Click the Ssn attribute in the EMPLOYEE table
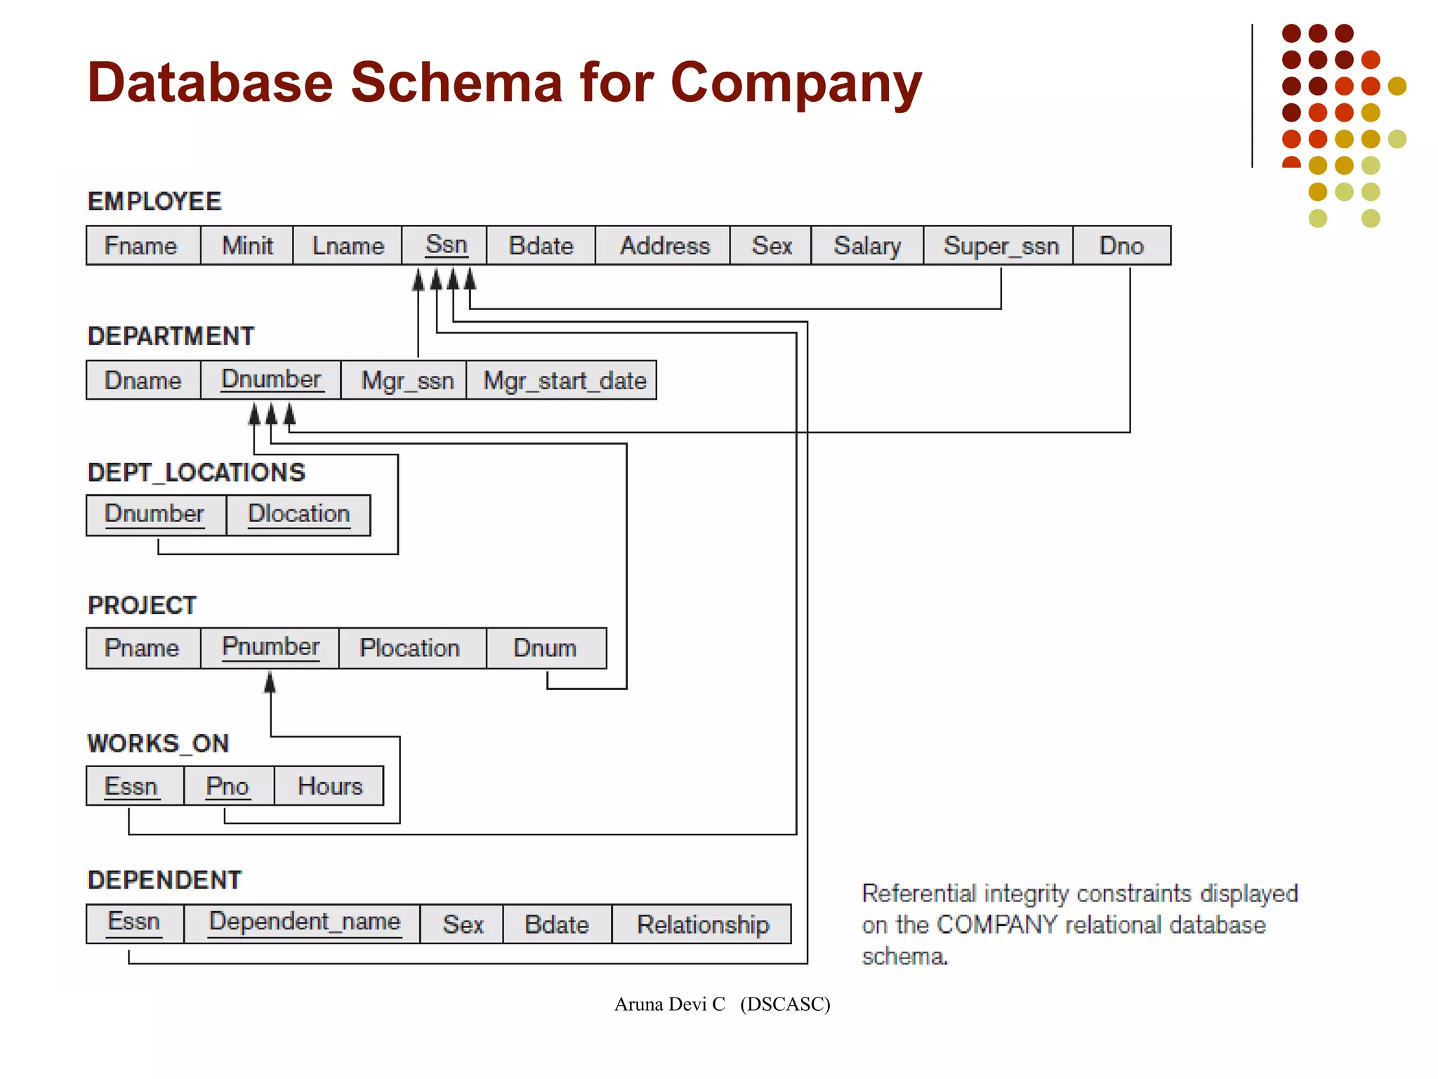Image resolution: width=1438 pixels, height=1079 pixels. click(445, 245)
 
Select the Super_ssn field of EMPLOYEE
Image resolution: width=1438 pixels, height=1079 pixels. click(1000, 246)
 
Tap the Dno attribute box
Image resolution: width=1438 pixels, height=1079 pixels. click(1121, 246)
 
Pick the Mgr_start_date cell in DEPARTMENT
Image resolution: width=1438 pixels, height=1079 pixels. click(564, 381)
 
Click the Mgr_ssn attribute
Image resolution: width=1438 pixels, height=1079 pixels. click(407, 381)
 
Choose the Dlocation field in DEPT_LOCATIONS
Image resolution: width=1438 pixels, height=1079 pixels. click(298, 514)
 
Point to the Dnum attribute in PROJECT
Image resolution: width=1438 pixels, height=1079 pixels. click(545, 648)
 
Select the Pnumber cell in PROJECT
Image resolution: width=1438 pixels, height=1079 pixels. click(270, 647)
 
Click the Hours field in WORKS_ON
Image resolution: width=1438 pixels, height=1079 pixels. click(329, 786)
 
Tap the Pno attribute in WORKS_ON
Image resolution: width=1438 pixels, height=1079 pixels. click(227, 786)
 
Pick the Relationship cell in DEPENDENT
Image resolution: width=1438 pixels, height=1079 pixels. click(702, 924)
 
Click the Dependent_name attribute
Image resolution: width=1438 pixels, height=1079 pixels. click(304, 922)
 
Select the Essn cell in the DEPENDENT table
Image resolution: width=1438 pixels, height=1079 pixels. click(133, 922)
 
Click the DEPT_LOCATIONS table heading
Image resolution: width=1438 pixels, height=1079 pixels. click(196, 473)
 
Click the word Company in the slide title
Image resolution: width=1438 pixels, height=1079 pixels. click(795, 84)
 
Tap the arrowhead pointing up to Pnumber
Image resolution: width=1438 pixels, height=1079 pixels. click(270, 682)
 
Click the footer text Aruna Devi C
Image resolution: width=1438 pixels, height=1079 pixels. click(669, 1005)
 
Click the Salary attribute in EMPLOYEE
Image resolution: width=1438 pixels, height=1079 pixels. click(866, 246)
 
